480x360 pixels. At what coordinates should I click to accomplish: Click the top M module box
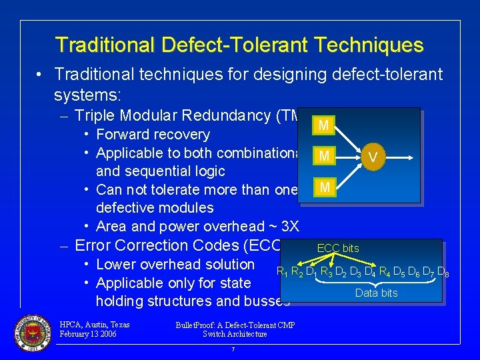click(323, 125)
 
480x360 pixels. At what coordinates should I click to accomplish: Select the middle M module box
click(323, 157)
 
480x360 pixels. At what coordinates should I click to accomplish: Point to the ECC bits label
click(338, 248)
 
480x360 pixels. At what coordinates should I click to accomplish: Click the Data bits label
click(376, 293)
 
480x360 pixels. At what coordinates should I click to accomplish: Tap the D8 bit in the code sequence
click(442, 272)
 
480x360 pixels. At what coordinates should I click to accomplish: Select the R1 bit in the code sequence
click(283, 272)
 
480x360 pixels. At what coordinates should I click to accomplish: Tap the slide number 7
click(233, 349)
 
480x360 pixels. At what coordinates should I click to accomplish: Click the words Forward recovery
click(153, 135)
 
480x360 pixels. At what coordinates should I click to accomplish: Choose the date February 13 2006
click(88, 334)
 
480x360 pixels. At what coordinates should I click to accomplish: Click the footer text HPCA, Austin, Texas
click(95, 325)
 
